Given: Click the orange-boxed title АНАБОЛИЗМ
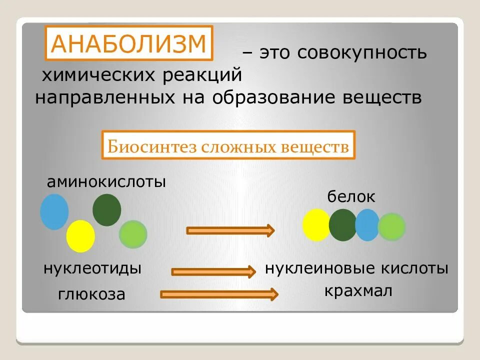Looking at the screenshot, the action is (129, 43).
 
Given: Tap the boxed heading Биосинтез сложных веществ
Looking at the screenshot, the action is (228, 146).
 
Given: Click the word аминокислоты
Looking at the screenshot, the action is (106, 181).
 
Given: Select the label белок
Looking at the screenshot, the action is (351, 196).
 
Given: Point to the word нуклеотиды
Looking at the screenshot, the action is (92, 268).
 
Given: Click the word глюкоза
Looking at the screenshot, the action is (91, 294).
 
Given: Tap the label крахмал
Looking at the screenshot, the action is (357, 290).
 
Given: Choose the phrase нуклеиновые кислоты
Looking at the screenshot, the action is (356, 268).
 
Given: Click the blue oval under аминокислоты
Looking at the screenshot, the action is (54, 211).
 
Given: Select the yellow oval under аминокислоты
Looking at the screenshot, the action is (80, 235).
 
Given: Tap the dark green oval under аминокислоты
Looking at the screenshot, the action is (106, 210).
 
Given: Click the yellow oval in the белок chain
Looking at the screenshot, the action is (316, 225).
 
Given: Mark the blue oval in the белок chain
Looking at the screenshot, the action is (367, 225).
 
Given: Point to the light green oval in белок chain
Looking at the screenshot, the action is (391, 227).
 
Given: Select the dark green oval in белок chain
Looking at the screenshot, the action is (342, 225).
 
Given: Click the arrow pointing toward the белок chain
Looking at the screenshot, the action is (230, 230).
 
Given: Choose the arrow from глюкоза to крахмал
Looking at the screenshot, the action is (219, 294).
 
